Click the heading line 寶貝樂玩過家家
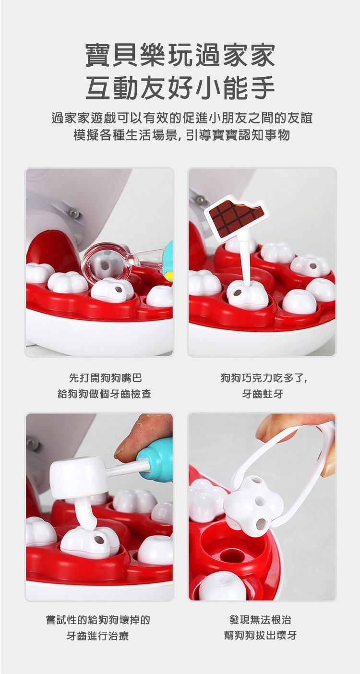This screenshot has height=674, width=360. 180,55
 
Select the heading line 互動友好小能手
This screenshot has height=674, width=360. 180,88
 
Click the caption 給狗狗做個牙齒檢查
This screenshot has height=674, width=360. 104,394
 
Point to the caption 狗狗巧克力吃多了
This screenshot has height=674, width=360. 264,378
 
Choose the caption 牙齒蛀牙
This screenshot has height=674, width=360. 263,394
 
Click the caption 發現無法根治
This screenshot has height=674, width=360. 261,619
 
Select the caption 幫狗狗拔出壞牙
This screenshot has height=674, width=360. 261,635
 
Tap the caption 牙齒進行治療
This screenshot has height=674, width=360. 97,636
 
